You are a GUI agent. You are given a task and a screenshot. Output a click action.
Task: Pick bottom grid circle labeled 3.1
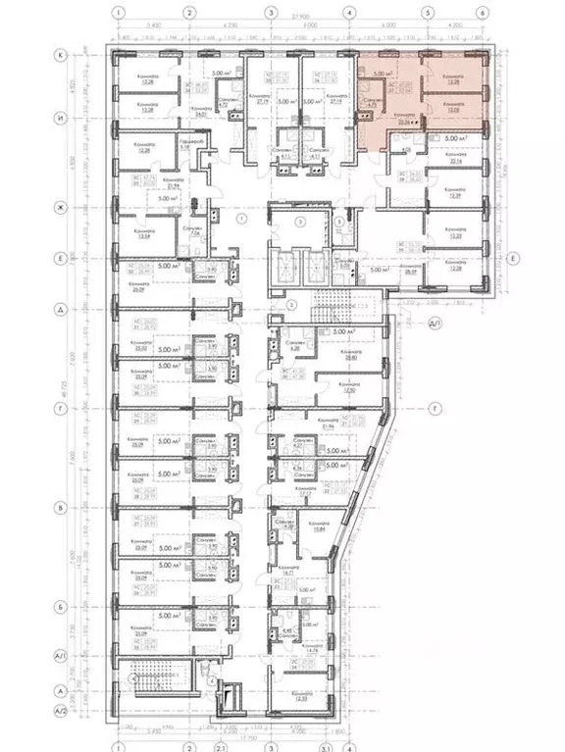(x=323, y=741)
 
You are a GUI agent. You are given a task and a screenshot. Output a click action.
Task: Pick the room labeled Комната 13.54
(x=136, y=234)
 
